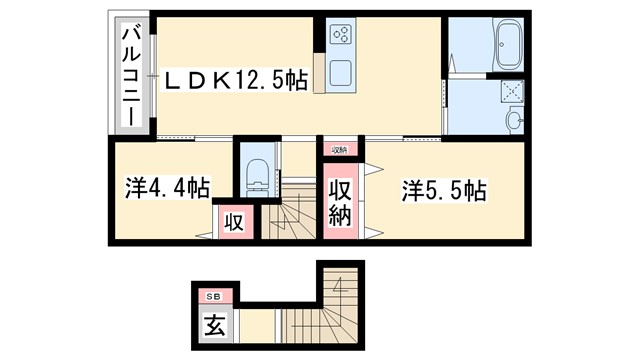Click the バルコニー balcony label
(130, 75)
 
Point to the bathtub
(496, 45)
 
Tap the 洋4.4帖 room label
(167, 187)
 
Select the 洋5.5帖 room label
(444, 190)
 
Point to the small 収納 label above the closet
(340, 150)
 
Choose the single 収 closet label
(232, 221)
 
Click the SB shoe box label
(213, 297)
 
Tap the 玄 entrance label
(213, 326)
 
